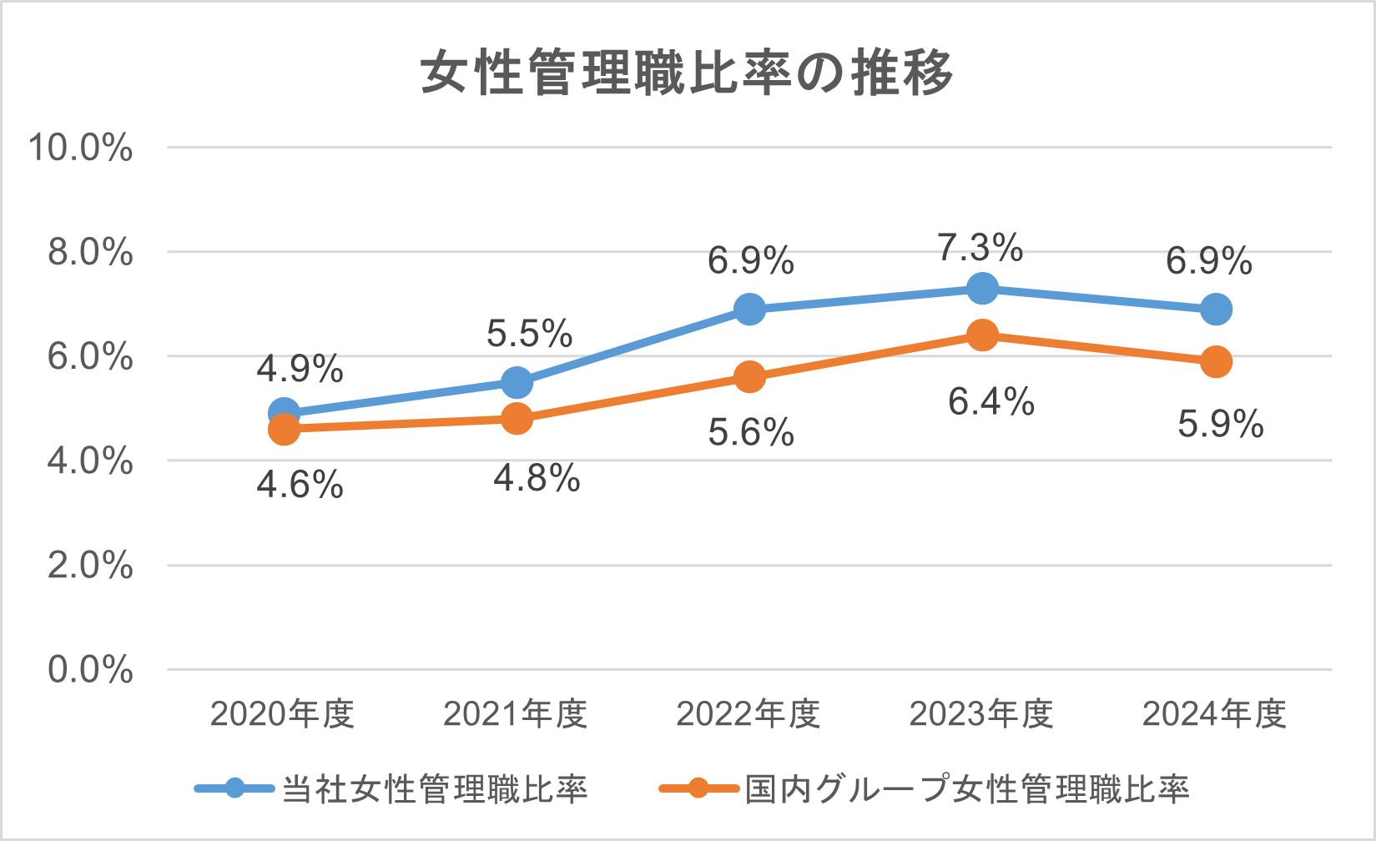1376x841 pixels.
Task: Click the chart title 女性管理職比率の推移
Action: click(x=687, y=73)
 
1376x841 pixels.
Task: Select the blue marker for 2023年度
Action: click(x=982, y=289)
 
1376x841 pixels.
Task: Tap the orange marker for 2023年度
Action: click(x=982, y=335)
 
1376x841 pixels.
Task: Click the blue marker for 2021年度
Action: click(x=517, y=383)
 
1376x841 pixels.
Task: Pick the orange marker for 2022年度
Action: click(x=749, y=377)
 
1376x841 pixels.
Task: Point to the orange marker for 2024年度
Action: click(x=1216, y=361)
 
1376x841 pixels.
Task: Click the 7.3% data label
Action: click(x=980, y=248)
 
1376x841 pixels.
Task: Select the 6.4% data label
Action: click(x=991, y=402)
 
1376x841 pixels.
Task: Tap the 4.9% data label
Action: click(x=300, y=369)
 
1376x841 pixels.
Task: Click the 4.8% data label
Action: click(x=537, y=479)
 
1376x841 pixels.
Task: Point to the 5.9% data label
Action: click(x=1221, y=425)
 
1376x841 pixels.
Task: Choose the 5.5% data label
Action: click(x=529, y=334)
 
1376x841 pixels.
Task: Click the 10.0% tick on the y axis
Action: click(x=81, y=148)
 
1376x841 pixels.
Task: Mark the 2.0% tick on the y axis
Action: click(x=90, y=566)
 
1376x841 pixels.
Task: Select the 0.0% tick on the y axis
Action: click(x=90, y=670)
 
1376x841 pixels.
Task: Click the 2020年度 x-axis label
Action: click(x=283, y=714)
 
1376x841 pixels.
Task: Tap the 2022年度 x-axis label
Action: click(x=748, y=714)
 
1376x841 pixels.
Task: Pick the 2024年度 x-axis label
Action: click(x=1214, y=714)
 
